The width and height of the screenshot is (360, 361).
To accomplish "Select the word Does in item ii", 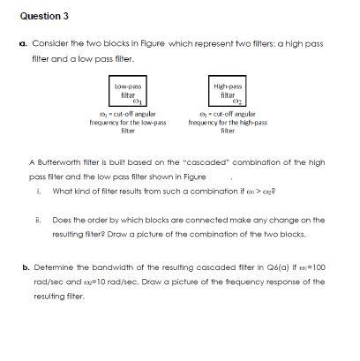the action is (x=62, y=220).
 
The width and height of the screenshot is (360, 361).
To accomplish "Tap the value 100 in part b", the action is (x=316, y=265).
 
